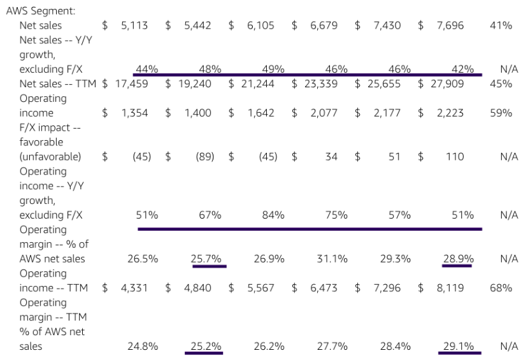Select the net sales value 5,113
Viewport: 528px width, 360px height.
[x=134, y=25]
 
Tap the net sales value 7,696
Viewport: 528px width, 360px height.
[x=451, y=25]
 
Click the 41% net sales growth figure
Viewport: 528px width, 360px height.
[x=501, y=25]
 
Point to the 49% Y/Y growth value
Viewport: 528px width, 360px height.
[x=273, y=69]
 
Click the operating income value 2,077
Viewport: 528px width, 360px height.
[x=324, y=113]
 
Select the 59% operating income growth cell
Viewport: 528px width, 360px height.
[x=501, y=113]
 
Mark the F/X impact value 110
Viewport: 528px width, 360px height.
[x=455, y=157]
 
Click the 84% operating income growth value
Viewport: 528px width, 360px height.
[x=273, y=215]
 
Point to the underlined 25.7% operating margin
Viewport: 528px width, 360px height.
[x=206, y=259]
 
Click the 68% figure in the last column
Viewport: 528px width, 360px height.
[x=501, y=288]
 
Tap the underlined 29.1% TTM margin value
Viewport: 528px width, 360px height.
[x=459, y=346]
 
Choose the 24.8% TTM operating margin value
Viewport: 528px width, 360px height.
[x=143, y=346]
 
